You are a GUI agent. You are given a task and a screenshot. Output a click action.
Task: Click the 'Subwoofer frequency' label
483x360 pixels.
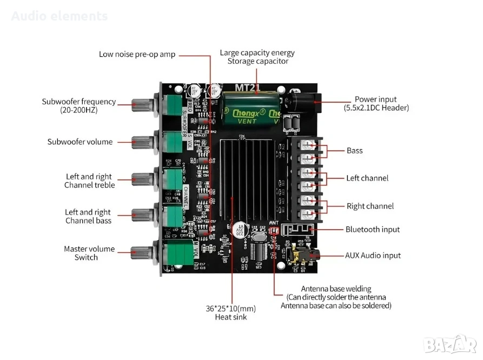click(x=79, y=102)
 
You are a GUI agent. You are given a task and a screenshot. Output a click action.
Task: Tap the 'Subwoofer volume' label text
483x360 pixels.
click(x=80, y=142)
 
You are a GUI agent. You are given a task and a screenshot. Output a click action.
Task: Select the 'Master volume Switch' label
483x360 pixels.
click(x=89, y=253)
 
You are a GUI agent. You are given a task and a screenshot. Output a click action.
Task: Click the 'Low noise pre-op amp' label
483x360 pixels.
click(x=137, y=54)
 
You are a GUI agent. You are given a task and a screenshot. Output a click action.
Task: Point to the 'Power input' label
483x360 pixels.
click(x=375, y=99)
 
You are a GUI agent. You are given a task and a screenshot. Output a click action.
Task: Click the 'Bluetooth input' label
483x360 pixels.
click(x=373, y=229)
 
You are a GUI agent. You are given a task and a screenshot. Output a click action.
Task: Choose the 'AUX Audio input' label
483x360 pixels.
click(x=373, y=255)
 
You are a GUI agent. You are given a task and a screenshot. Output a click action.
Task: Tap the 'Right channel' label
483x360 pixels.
click(x=370, y=206)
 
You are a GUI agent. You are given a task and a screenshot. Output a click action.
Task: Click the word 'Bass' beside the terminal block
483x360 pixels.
click(x=355, y=150)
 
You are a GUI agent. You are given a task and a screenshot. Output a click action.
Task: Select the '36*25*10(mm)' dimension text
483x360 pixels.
click(x=230, y=308)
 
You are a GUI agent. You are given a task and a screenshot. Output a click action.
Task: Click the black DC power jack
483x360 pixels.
click(x=303, y=101)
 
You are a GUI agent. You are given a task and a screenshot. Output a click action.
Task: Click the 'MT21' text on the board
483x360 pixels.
click(x=247, y=87)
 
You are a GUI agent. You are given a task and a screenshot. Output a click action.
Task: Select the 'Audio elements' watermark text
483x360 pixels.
click(x=59, y=16)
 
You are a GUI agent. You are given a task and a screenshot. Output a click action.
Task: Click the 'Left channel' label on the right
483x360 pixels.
click(x=367, y=178)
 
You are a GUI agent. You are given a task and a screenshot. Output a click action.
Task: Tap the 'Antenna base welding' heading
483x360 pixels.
click(x=336, y=289)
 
